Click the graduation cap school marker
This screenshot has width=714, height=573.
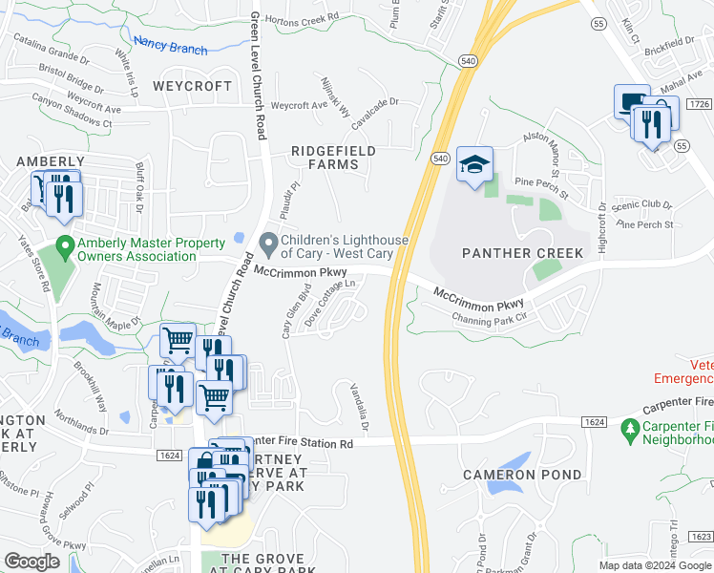tap(474, 165)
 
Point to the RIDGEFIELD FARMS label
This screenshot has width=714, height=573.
tap(333, 158)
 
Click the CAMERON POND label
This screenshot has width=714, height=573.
tap(522, 475)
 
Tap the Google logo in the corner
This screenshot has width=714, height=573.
tap(31, 562)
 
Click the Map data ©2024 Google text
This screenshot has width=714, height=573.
tap(654, 565)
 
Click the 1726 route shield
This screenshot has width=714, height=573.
tap(699, 103)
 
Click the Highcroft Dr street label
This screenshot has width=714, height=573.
tap(602, 219)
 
